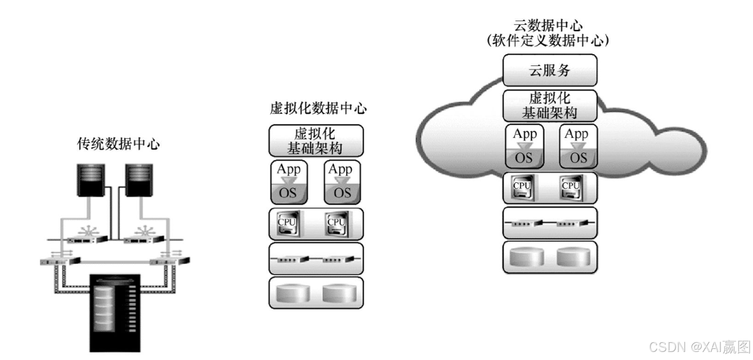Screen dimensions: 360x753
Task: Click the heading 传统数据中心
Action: click(119, 145)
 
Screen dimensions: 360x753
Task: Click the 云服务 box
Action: click(550, 70)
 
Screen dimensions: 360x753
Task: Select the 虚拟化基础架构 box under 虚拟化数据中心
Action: click(316, 141)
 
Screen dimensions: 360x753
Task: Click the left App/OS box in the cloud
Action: click(524, 146)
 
